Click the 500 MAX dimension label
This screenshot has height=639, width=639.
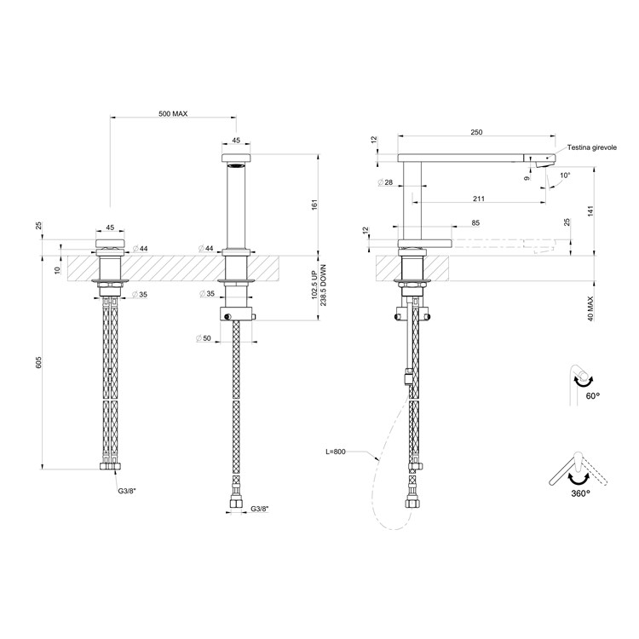pyautogui.click(x=173, y=113)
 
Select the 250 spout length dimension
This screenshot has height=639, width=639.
pyautogui.click(x=476, y=132)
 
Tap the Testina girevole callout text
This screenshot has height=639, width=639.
pyautogui.click(x=592, y=147)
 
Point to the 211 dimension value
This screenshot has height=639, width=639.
pyautogui.click(x=479, y=199)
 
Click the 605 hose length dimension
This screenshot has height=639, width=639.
pyautogui.click(x=38, y=362)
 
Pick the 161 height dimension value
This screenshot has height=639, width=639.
pyautogui.click(x=314, y=205)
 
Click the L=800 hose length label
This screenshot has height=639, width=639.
pyautogui.click(x=336, y=451)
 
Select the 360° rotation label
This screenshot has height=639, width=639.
pyautogui.click(x=581, y=493)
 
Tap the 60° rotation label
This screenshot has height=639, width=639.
pyautogui.click(x=593, y=395)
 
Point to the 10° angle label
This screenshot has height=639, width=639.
pyautogui.click(x=565, y=176)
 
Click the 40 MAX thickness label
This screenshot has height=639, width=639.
pyautogui.click(x=591, y=308)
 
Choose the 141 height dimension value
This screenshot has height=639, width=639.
pyautogui.click(x=591, y=210)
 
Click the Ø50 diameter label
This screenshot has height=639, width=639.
pyautogui.click(x=204, y=338)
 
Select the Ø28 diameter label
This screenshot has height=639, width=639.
pyautogui.click(x=385, y=182)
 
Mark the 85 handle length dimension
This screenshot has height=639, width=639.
pyautogui.click(x=475, y=223)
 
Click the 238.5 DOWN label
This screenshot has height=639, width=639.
pyautogui.click(x=323, y=285)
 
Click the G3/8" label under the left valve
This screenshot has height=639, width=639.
pyautogui.click(x=127, y=491)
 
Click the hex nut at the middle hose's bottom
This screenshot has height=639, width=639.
pyautogui.click(x=236, y=504)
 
